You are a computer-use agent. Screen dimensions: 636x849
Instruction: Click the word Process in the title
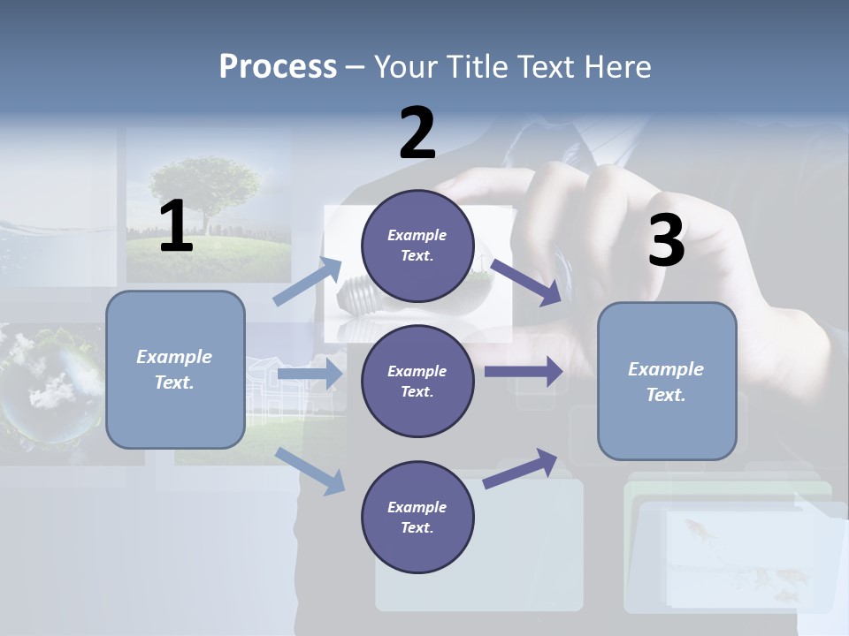[278, 67]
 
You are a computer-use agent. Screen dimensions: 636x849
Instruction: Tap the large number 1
[176, 227]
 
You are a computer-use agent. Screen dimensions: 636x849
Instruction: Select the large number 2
[417, 133]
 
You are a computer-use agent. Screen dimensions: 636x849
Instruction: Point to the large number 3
[666, 241]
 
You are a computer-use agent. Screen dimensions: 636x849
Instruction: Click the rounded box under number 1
[175, 369]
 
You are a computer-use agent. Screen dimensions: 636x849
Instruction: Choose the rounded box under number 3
[667, 381]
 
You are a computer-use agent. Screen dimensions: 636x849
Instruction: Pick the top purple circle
[417, 245]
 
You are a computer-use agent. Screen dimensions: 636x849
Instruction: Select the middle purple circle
[417, 381]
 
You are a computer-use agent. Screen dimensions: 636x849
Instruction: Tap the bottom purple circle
[417, 517]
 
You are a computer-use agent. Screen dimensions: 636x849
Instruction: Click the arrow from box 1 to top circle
[308, 282]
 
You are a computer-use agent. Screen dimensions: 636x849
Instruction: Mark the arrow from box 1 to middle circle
[309, 375]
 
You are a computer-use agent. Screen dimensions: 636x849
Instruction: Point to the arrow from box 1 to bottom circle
[310, 471]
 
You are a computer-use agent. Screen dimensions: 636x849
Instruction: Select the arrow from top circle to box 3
[525, 283]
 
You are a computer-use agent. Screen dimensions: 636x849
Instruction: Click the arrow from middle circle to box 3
[524, 371]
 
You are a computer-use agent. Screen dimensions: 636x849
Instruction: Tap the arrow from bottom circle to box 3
[521, 468]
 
